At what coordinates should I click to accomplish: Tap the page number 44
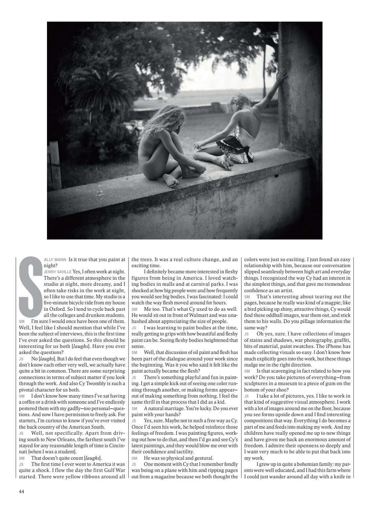pos(21,491)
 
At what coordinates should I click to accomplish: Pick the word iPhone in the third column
pos(330,340)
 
